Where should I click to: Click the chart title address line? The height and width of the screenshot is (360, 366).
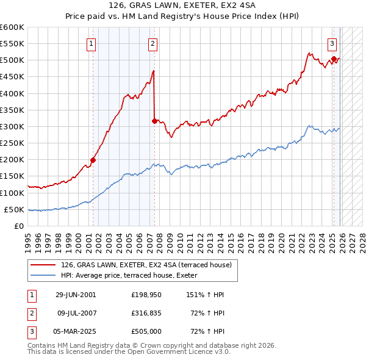coord(183,6)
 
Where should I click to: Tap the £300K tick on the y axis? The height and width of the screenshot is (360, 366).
coord(12,126)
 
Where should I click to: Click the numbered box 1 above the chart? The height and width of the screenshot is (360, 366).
coord(91,43)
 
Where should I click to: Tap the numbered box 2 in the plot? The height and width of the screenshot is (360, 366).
coord(152,43)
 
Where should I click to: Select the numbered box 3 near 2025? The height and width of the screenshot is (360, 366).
coord(332,43)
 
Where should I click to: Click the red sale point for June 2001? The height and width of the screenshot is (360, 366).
coord(93,160)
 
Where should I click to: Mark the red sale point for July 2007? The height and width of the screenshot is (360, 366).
coord(154,121)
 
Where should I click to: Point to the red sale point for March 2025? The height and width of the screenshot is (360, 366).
coord(334,59)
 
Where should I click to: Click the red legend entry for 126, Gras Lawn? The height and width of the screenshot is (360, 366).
coord(146,265)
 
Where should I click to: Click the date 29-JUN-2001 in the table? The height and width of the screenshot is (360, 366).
coord(76,295)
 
